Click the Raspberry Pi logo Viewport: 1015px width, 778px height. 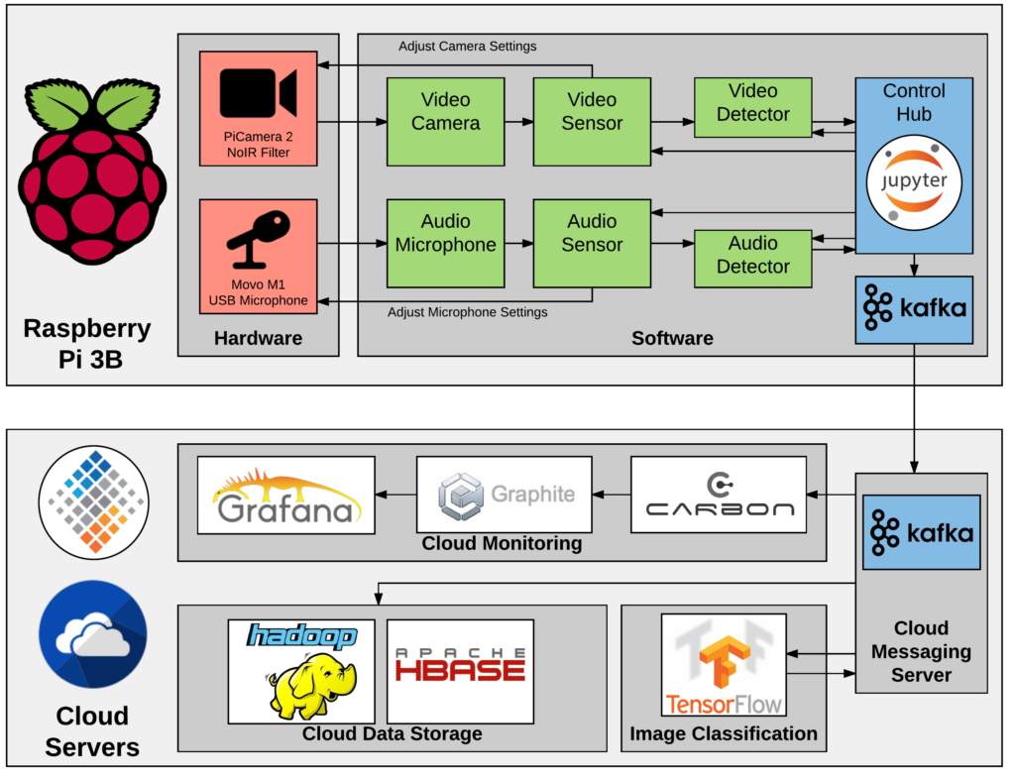pos(92,170)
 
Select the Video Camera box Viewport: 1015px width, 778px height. pos(445,122)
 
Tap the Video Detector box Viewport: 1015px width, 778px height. pos(753,107)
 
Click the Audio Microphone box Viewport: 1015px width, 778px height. pos(445,244)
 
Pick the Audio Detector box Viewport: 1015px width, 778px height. pos(753,259)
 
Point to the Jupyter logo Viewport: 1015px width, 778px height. pos(914,182)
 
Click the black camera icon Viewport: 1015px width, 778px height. pos(259,92)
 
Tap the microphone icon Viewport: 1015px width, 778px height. pos(259,240)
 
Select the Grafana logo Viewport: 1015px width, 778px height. pos(286,496)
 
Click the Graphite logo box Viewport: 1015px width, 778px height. pos(505,495)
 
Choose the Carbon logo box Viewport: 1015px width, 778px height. pos(719,495)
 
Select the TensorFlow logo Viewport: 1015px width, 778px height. pos(724,665)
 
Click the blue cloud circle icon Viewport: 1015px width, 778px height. pos(92,633)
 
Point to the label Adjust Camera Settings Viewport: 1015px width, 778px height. pos(468,46)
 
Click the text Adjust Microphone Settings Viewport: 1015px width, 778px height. pos(468,312)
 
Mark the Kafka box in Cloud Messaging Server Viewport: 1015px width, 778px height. pos(921,532)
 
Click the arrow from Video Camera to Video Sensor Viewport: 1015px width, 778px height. pos(519,122)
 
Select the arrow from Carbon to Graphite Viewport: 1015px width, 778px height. pos(611,495)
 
